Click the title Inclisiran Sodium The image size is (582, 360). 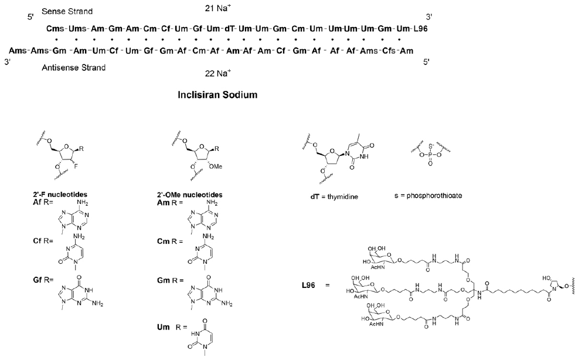(217, 94)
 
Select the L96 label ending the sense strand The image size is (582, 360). (421, 29)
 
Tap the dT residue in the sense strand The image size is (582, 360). (230, 29)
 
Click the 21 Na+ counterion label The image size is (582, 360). (218, 8)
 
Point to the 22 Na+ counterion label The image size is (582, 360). (218, 73)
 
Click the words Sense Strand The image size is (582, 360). (67, 12)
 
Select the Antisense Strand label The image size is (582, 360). (73, 67)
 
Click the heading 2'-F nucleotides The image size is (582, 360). (60, 195)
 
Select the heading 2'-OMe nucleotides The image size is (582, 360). (190, 195)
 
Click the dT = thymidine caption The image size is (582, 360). (335, 196)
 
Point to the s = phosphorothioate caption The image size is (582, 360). (428, 195)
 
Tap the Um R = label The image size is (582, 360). (172, 327)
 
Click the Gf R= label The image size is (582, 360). (43, 280)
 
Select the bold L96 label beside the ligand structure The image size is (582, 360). (308, 286)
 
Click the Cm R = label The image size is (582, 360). (170, 241)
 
